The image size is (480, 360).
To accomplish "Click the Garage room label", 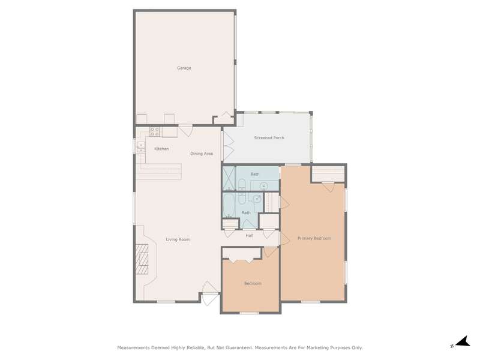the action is (184, 68).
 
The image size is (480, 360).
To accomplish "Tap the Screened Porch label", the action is (269, 138).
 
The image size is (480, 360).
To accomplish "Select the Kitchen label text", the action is (161, 149).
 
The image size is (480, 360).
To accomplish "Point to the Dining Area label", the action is (202, 154).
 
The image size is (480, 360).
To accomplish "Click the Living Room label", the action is (178, 239).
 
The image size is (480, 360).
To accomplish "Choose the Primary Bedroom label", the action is (314, 238).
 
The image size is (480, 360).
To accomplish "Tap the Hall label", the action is (249, 236).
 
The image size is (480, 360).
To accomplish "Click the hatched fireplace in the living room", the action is (142, 259).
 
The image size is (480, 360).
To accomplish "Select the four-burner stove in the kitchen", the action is (155, 131).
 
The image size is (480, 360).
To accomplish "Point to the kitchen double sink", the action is (141, 148).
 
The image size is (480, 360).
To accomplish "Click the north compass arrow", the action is (463, 341).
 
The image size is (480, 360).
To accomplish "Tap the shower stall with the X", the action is (229, 178).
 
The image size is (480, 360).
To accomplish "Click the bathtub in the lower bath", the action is (228, 205).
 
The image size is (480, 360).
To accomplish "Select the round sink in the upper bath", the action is (264, 186).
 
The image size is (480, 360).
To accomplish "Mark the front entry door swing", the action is (211, 293).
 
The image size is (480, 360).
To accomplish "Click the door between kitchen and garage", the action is (185, 130).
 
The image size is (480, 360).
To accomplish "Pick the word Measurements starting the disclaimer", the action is (134, 348).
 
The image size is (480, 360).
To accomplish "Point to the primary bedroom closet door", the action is (328, 187).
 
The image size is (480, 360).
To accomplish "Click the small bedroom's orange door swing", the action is (271, 252).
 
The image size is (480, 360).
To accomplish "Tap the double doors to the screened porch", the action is (229, 146).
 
